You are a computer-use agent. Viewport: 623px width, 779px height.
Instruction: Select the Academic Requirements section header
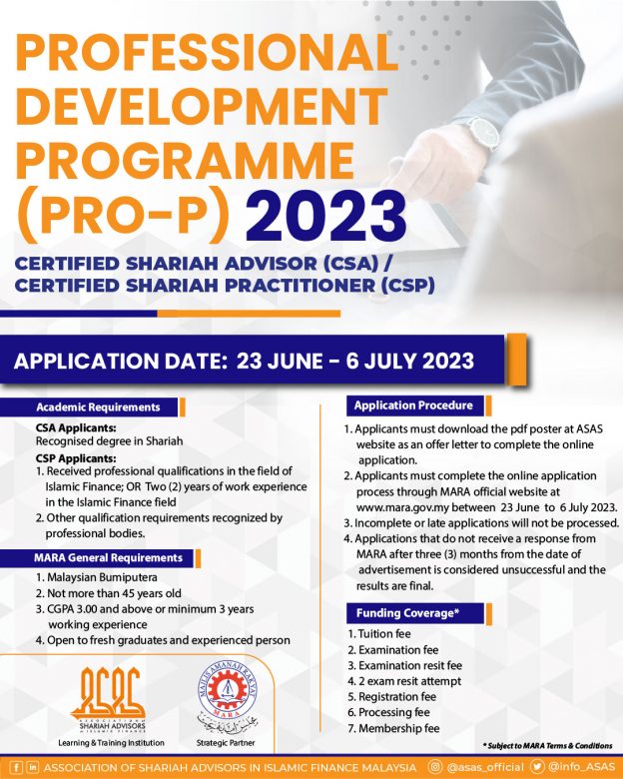pyautogui.click(x=98, y=407)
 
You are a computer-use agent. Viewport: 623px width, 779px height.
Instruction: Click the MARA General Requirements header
pyautogui.click(x=109, y=557)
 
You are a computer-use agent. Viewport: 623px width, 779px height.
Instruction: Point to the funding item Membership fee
pyautogui.click(x=392, y=728)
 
